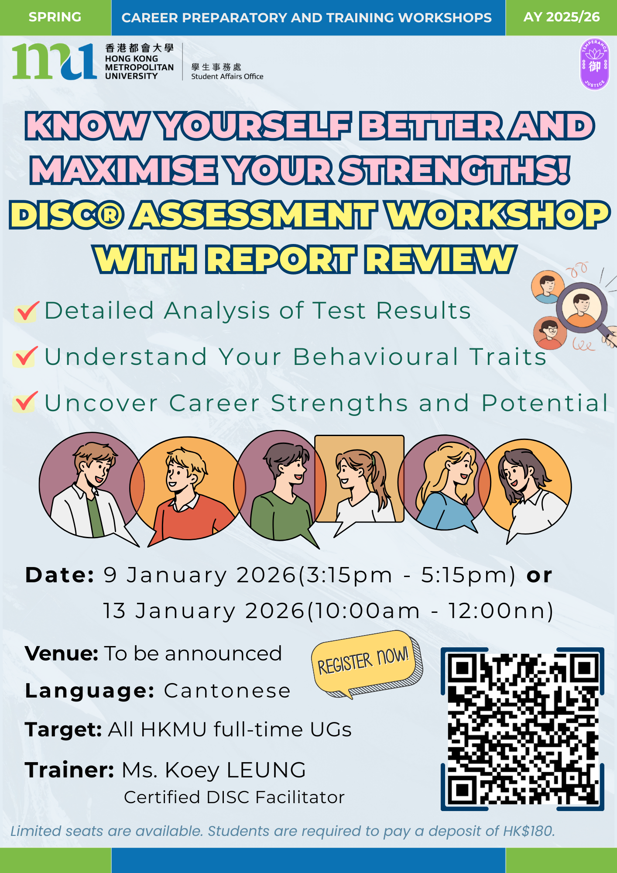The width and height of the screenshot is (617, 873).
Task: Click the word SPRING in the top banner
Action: click(x=55, y=17)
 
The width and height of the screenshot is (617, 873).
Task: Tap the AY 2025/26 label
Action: click(x=562, y=17)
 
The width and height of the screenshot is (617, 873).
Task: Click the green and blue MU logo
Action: click(x=55, y=62)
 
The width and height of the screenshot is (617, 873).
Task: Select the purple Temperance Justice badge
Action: click(x=594, y=64)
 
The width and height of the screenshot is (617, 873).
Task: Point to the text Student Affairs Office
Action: click(x=227, y=76)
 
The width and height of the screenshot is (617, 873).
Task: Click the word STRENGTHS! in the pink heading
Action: click(x=455, y=170)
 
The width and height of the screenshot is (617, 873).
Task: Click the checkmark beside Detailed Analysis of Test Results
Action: click(x=27, y=311)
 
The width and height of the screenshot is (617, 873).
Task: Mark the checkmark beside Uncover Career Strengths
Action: click(x=25, y=402)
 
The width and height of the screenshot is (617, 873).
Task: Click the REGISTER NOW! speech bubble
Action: click(x=366, y=663)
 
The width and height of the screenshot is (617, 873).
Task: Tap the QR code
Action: click(x=522, y=729)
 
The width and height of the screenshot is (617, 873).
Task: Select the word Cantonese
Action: click(x=227, y=691)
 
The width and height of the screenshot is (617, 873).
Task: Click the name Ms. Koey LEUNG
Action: click(x=214, y=770)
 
